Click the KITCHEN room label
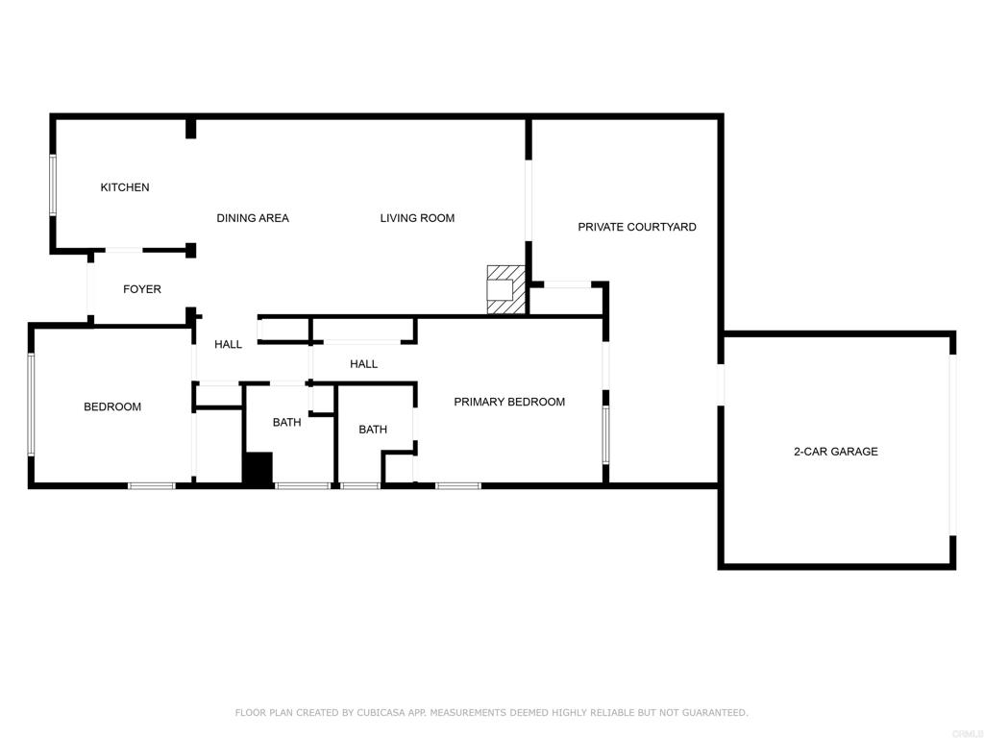(125, 187)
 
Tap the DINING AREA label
(253, 218)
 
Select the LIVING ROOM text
(417, 218)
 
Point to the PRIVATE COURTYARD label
(637, 227)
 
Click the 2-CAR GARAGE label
(836, 452)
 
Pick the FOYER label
(142, 288)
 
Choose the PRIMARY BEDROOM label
(509, 402)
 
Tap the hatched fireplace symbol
(505, 289)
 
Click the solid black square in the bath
(258, 468)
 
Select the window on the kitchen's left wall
(53, 185)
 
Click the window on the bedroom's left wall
(31, 404)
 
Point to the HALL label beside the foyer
(228, 344)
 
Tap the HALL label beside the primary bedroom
(364, 364)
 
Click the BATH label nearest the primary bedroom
(373, 430)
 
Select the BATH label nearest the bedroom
(286, 423)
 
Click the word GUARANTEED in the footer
(715, 712)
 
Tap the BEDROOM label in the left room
(112, 406)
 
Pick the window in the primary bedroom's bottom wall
(458, 485)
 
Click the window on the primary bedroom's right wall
(605, 434)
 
